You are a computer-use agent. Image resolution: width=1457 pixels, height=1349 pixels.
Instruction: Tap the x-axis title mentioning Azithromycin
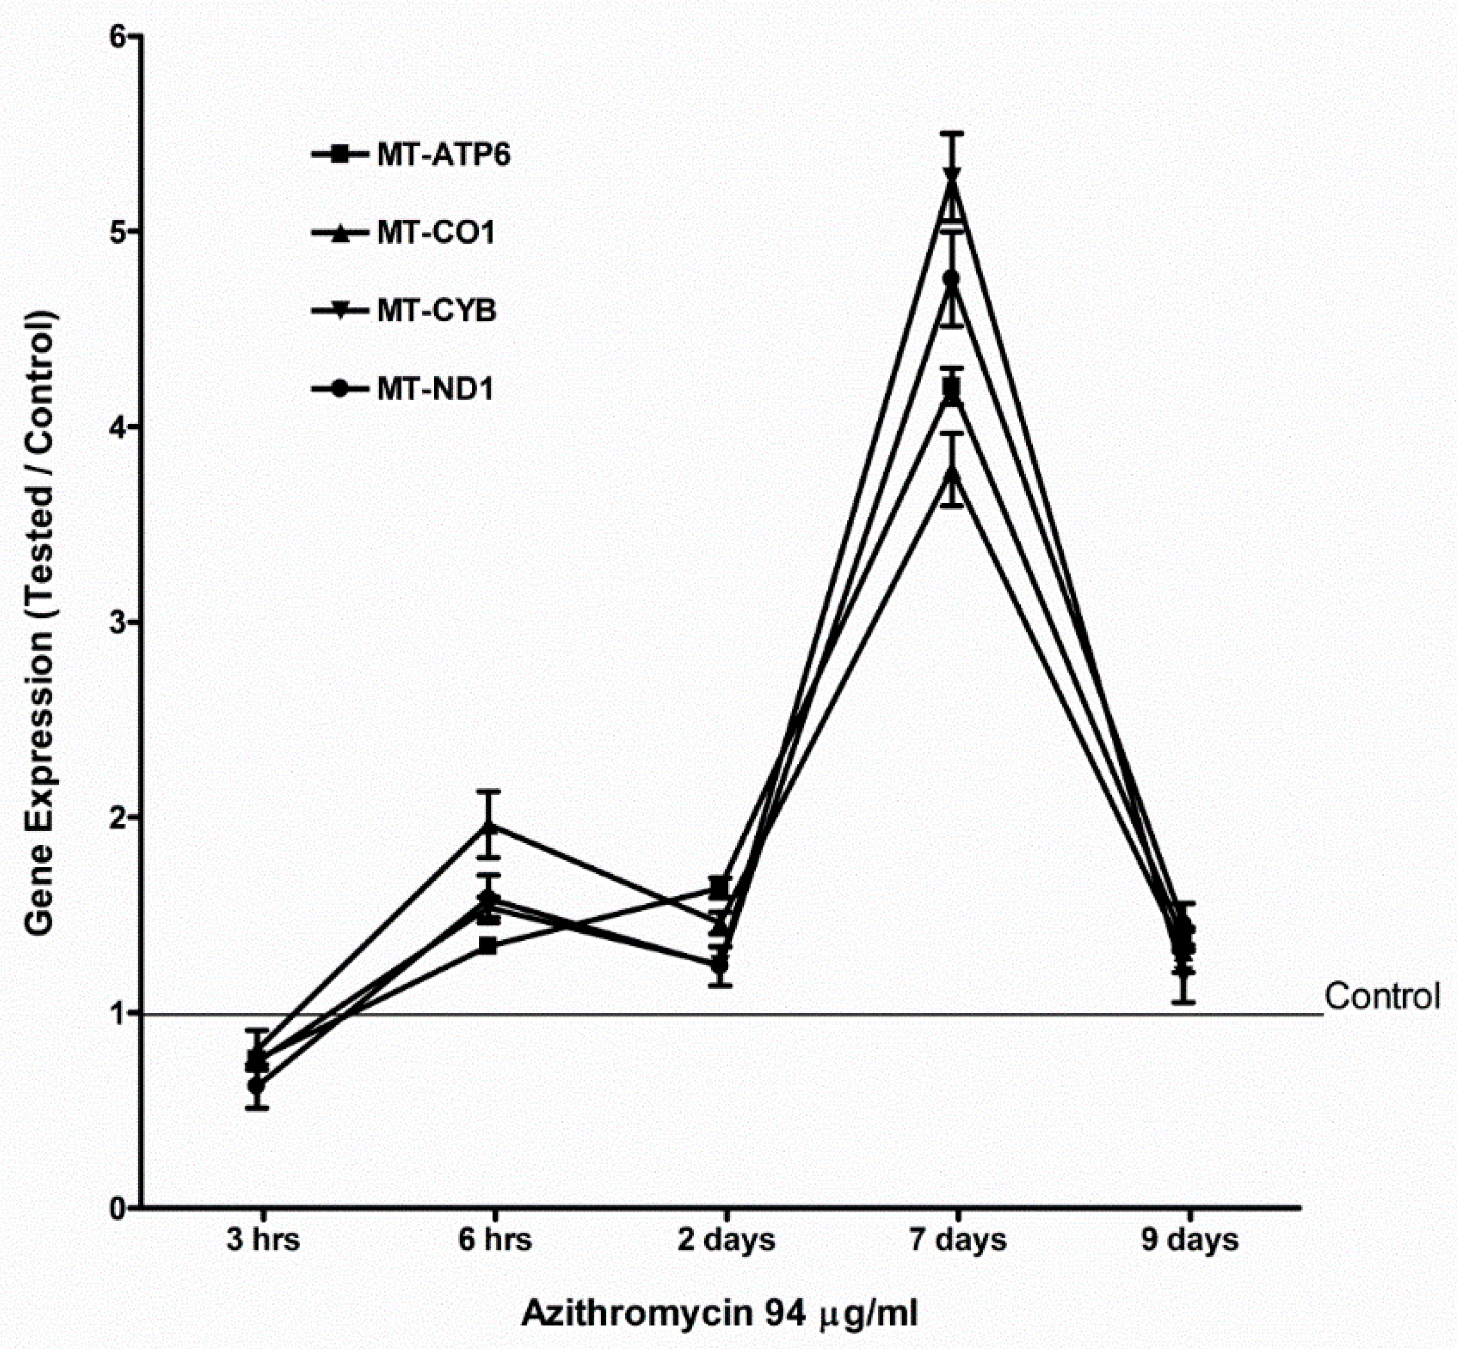[719, 1314]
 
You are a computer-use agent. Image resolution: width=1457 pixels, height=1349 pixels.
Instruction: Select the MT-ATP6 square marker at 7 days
[951, 388]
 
